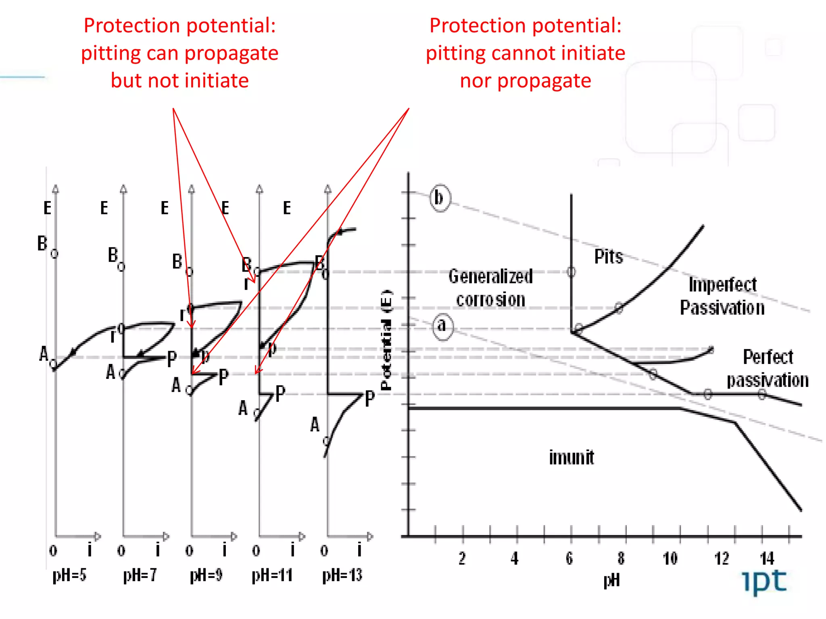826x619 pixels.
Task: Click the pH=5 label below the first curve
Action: (x=69, y=575)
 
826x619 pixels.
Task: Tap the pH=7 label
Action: (x=140, y=575)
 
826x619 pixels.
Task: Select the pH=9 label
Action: (x=206, y=575)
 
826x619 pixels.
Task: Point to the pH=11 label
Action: (x=272, y=575)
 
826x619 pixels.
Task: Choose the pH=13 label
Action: (x=342, y=575)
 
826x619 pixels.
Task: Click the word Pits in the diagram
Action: (x=609, y=257)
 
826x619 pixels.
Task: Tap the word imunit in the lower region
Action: (x=572, y=458)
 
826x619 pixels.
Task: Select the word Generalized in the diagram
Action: (x=490, y=276)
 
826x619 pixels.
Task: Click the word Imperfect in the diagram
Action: (x=722, y=285)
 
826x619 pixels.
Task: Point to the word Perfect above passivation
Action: (x=768, y=357)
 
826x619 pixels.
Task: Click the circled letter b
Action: (x=439, y=197)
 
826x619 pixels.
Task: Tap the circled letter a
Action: (x=442, y=326)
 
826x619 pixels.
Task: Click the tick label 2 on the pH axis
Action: (x=462, y=559)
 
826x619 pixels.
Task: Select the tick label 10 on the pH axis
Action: (x=670, y=559)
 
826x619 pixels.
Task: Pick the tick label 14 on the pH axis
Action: (x=767, y=559)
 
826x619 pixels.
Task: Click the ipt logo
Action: (x=764, y=582)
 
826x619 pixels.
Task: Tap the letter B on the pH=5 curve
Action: (x=42, y=244)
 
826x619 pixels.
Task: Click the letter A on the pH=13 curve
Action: (x=315, y=425)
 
